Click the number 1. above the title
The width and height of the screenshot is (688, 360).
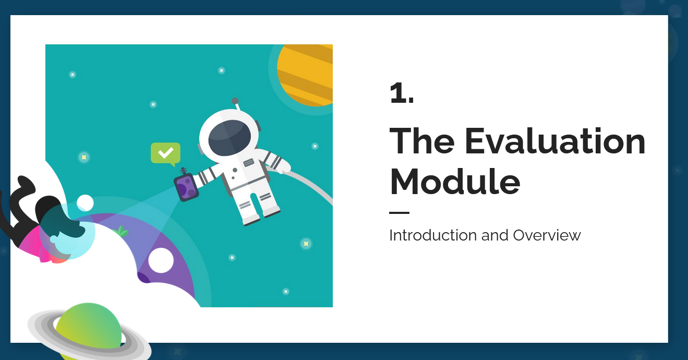402,93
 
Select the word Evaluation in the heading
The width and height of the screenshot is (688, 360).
554,141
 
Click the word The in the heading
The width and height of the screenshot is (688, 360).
422,141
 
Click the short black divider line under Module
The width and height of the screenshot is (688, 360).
399,213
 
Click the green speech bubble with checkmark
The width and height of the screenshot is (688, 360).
165,153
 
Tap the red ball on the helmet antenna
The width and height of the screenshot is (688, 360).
235,100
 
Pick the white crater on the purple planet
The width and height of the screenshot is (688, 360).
161,260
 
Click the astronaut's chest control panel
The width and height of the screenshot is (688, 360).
248,163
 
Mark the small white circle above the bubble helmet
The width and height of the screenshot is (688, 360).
85,202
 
